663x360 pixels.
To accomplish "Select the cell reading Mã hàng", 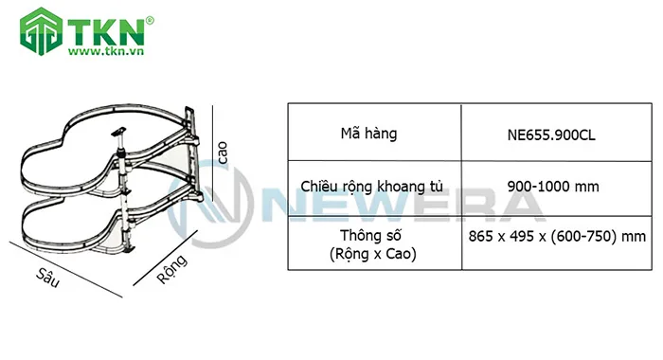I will coord(372,134).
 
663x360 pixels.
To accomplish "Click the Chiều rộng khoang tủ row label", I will coord(372,186).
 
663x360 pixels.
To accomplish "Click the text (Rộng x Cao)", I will coord(372,254).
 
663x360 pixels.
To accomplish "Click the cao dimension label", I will coord(224,154).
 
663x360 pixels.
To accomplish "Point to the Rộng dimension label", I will coord(170,265).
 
